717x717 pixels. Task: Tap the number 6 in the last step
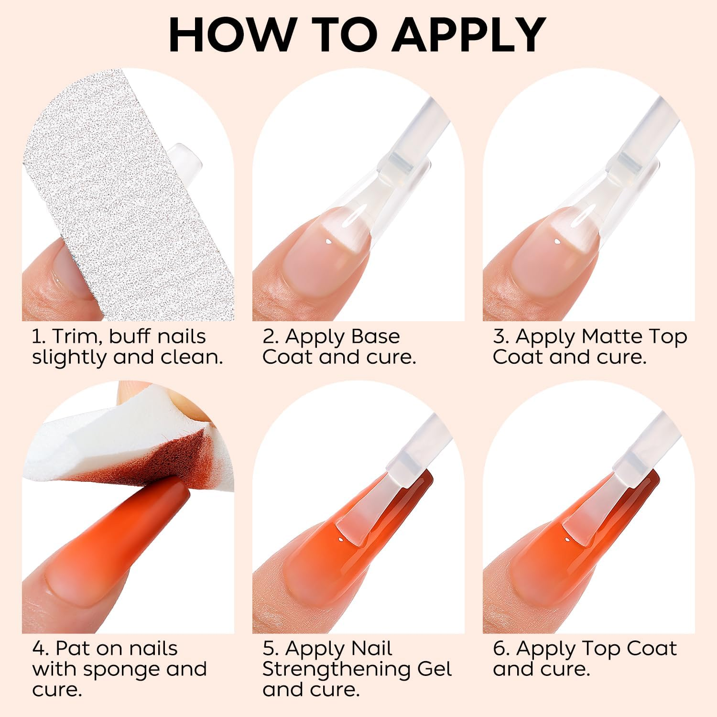pyautogui.click(x=499, y=649)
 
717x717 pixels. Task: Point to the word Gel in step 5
pyautogui.click(x=434, y=669)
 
